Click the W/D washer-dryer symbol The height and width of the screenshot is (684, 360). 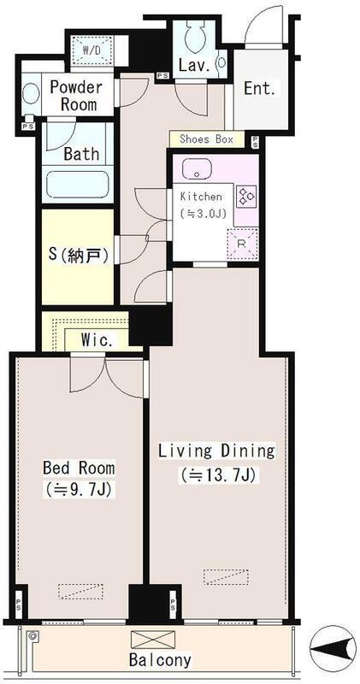coord(92,50)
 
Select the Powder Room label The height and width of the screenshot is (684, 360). coord(76,96)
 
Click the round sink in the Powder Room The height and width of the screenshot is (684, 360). coord(31,93)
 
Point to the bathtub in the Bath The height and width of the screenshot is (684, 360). coord(77,184)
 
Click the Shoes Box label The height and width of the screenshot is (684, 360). coord(206,139)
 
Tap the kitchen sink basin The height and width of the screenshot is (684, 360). coord(197,168)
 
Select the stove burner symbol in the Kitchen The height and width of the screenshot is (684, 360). coord(246,197)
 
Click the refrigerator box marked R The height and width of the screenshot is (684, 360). coord(242,244)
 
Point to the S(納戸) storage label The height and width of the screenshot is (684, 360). coord(79,255)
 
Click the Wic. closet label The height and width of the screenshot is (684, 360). coord(97,340)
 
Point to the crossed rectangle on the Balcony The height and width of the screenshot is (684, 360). coord(153,640)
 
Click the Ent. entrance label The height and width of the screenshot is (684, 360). coord(260,89)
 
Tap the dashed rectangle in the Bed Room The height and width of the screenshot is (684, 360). coord(80,592)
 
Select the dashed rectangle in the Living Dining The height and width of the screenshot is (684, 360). coord(226,577)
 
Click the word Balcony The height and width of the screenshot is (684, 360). coord(160,660)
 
